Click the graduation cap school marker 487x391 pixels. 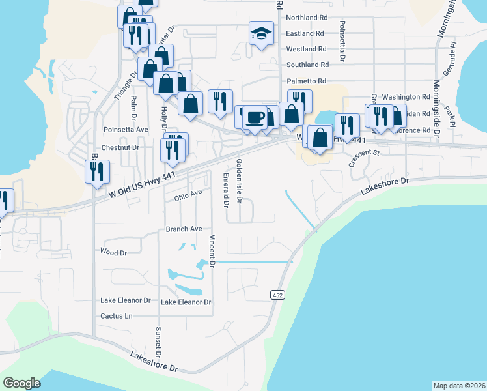261,34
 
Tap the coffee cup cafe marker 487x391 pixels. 255,117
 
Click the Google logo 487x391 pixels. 21,383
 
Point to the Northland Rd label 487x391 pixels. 305,18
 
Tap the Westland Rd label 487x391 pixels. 306,49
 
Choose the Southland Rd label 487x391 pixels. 307,65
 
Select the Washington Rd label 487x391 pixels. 406,96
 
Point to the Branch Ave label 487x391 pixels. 184,229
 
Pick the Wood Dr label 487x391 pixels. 113,251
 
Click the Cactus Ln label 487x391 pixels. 116,316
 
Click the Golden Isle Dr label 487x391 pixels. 239,181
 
